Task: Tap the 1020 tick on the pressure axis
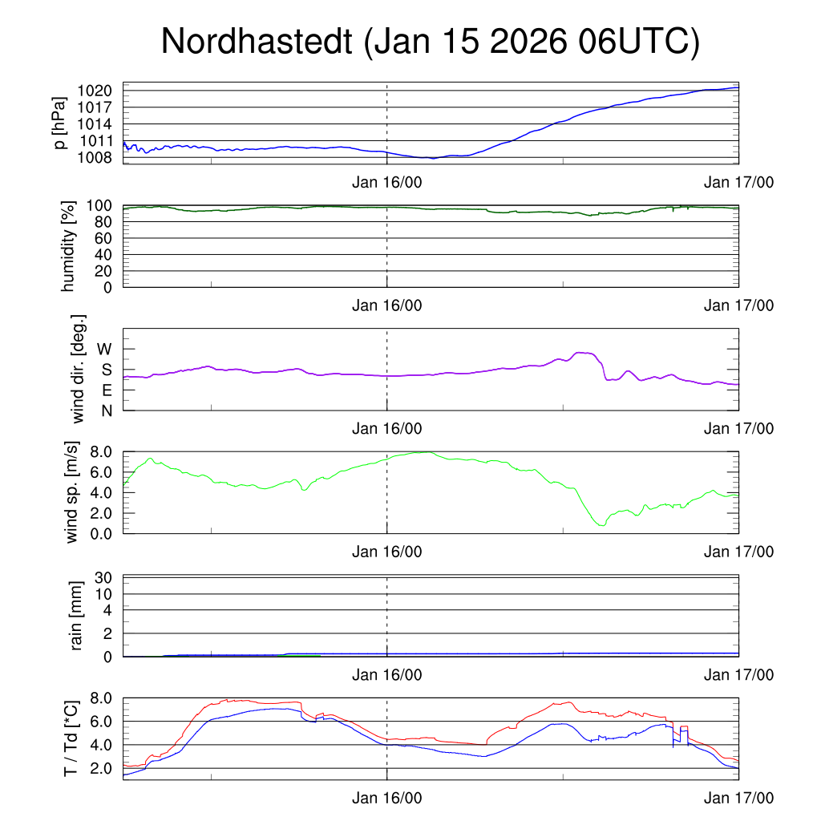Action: coord(100,91)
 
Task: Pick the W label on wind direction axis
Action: coord(105,350)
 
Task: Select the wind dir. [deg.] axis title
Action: coord(79,369)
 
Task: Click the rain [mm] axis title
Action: coord(78,616)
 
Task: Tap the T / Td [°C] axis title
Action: coord(71,738)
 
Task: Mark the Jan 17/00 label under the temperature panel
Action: coord(738,799)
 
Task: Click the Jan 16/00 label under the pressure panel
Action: coord(387,183)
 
